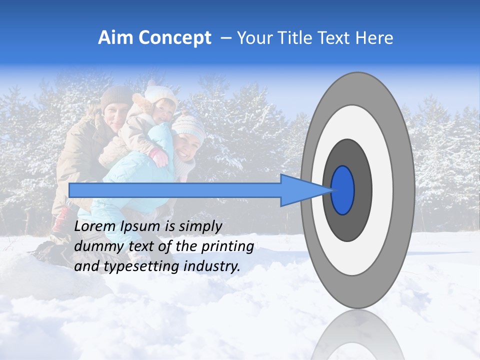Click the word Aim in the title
click(x=115, y=38)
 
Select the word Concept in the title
click(x=174, y=38)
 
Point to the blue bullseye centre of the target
click(x=343, y=190)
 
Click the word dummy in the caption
click(x=95, y=246)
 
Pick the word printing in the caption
click(x=227, y=246)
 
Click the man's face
click(x=114, y=118)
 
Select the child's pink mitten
click(x=159, y=157)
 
